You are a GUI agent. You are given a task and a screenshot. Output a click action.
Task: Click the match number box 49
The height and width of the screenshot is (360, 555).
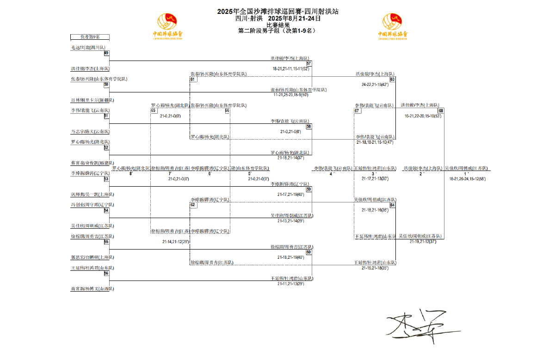(106, 53)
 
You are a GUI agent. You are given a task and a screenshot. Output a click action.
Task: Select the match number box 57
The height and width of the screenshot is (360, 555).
(309, 63)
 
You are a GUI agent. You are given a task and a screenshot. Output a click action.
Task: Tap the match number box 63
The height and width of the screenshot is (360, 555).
(392, 79)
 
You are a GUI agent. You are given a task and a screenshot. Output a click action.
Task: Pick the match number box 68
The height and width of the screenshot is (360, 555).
(441, 110)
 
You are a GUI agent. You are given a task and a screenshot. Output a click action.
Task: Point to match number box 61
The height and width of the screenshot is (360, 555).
(192, 79)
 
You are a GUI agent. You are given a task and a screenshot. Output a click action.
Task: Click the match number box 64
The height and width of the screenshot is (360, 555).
(392, 205)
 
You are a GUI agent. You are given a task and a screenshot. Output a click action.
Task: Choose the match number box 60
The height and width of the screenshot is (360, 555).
(309, 252)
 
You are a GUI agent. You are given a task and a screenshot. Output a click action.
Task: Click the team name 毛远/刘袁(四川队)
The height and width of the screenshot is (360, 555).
(88, 48)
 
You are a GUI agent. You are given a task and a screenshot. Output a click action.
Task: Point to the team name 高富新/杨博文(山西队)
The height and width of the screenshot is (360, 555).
(92, 288)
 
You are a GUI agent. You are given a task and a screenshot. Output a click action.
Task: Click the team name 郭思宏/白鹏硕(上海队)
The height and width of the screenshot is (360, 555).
(92, 257)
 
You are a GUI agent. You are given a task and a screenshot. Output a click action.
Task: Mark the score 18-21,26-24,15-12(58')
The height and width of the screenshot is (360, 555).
(467, 178)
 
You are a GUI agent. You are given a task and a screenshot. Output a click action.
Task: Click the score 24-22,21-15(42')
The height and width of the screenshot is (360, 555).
(375, 85)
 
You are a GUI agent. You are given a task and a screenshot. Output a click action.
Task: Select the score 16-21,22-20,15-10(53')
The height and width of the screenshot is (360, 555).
(423, 116)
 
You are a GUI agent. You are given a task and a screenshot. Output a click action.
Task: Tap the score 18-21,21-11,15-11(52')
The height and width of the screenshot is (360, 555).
(290, 68)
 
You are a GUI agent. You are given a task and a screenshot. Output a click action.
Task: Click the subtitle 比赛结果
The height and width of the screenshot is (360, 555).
(278, 25)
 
